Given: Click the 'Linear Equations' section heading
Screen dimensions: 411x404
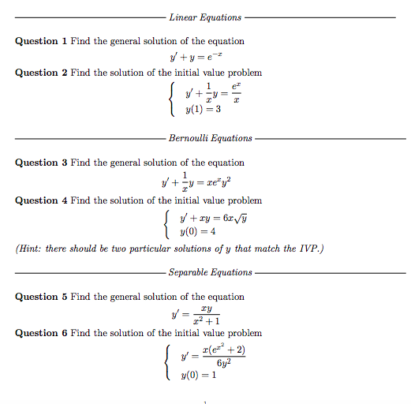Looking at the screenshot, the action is point(205,17).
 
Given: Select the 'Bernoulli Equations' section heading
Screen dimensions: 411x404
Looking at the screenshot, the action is point(210,138).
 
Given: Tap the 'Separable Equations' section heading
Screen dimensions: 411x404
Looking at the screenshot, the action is point(210,272).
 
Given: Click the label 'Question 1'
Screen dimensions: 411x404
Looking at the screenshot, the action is point(42,41).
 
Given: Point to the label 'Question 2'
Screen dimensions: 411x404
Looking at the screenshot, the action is point(42,73).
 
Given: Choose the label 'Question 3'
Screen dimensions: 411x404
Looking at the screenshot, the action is point(42,163).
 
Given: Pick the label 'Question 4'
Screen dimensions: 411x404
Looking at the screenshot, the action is point(42,200).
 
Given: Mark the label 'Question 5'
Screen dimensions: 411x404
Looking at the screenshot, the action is point(42,297).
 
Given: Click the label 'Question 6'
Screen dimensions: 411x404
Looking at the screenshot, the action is point(42,333).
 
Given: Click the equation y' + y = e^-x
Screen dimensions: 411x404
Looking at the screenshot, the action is point(206,57).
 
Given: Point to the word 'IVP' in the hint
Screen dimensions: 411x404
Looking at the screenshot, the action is point(307,249).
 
